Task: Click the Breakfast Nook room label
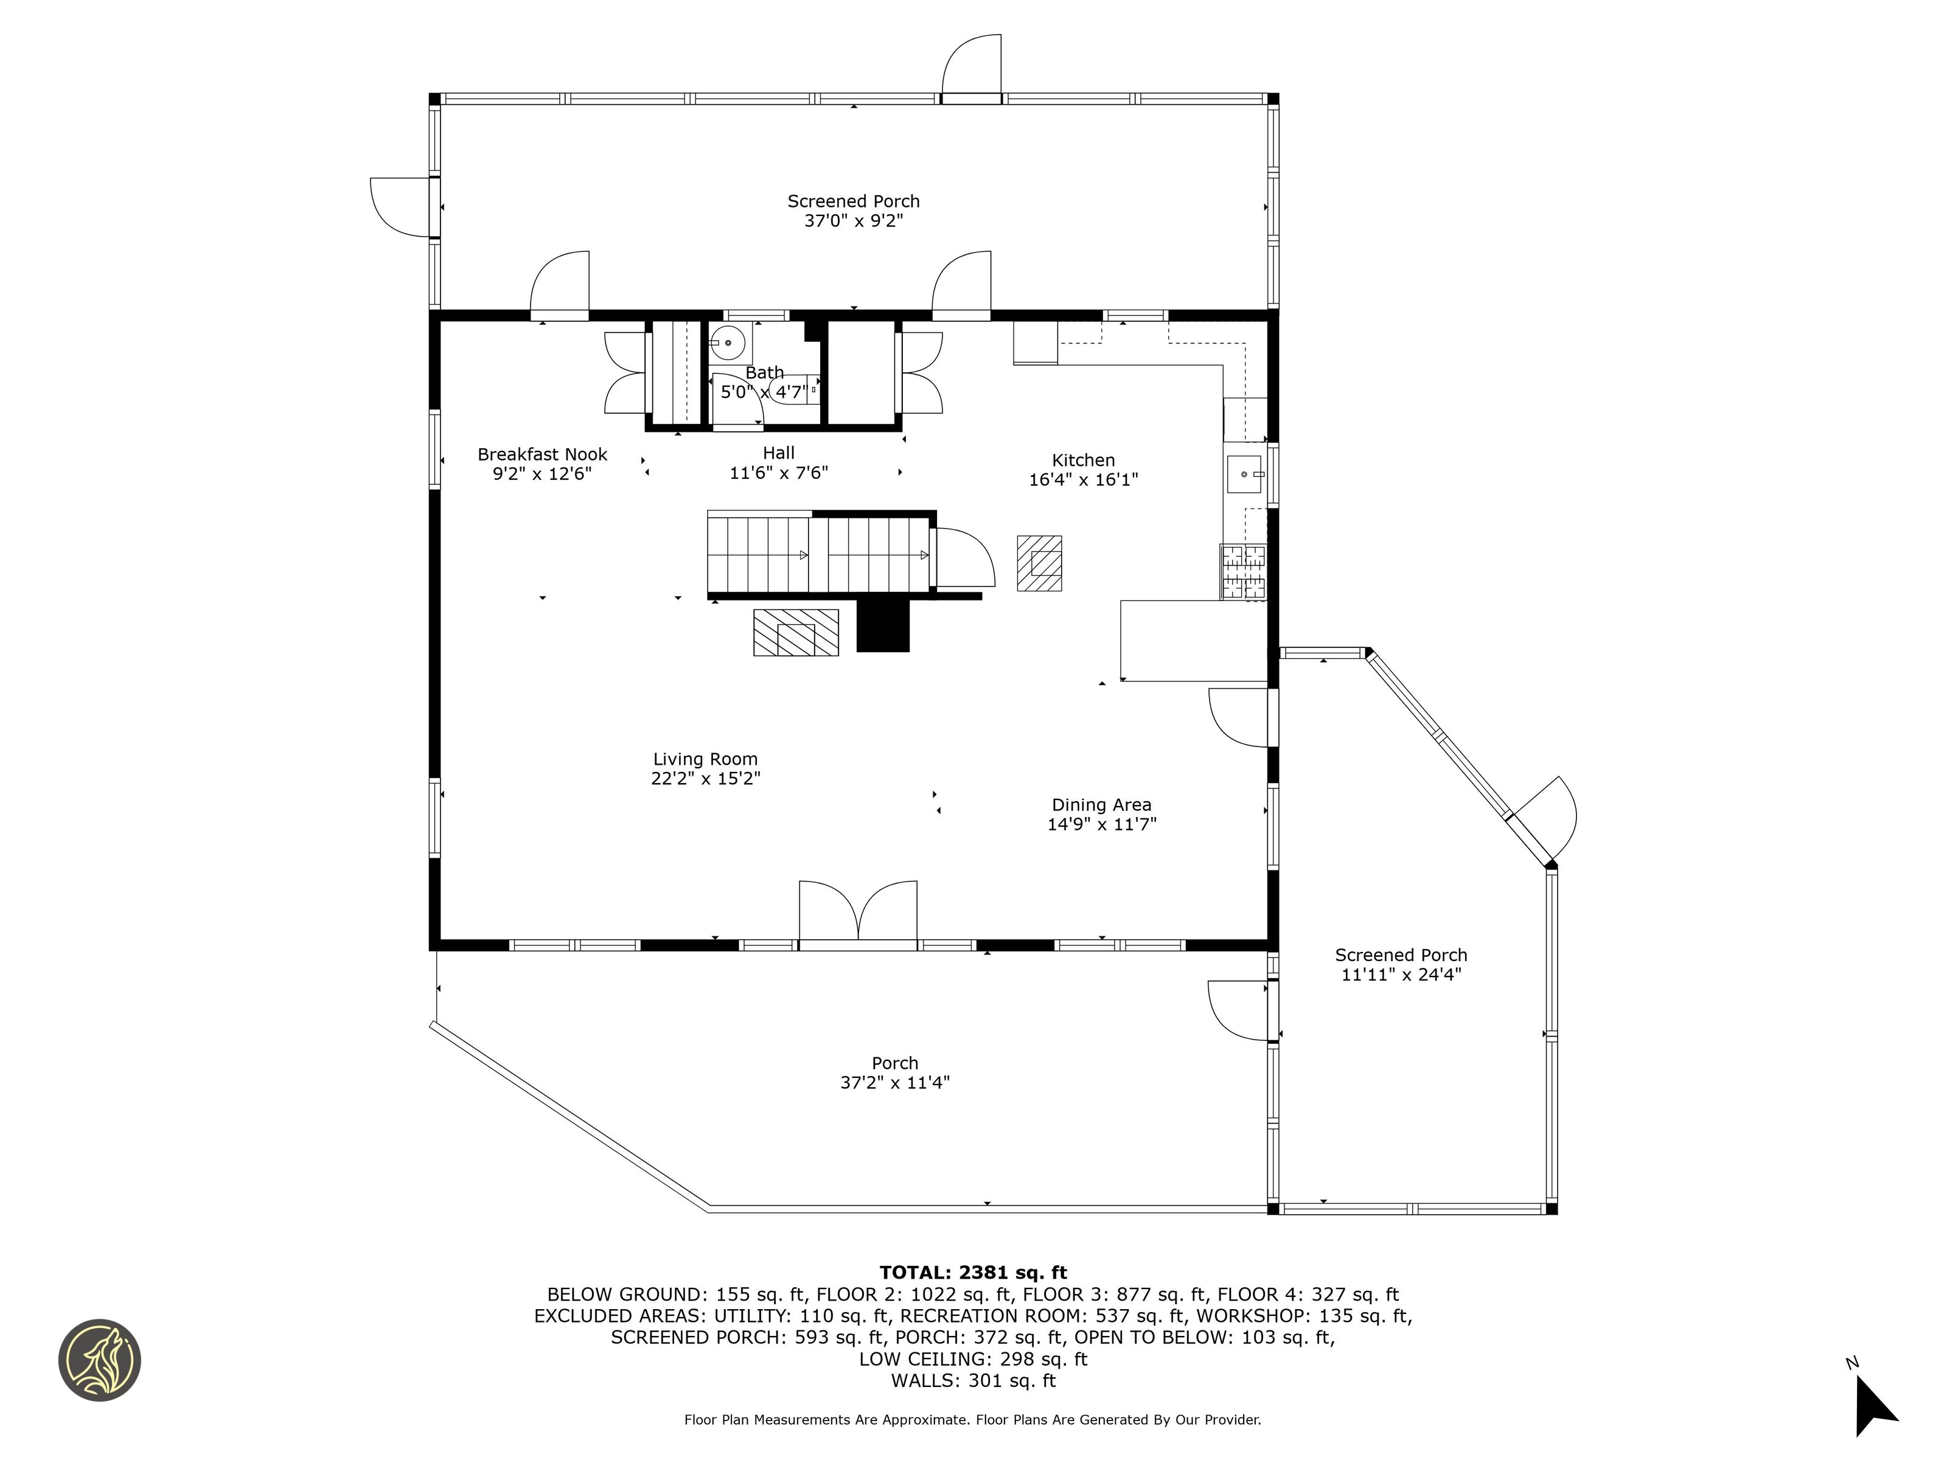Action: pos(542,454)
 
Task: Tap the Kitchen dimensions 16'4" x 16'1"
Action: pos(1084,479)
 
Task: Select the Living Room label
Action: pos(705,759)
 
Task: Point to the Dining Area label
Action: pos(1101,804)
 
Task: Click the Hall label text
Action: pos(779,453)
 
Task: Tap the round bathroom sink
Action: pos(728,342)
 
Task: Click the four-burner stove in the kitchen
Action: pos(1243,572)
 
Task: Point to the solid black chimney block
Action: pos(883,626)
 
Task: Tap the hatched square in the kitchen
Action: pos(1039,563)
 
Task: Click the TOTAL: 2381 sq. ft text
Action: pos(973,1273)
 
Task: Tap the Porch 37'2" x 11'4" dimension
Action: pos(895,1082)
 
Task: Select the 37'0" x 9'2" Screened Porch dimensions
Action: pos(854,221)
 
